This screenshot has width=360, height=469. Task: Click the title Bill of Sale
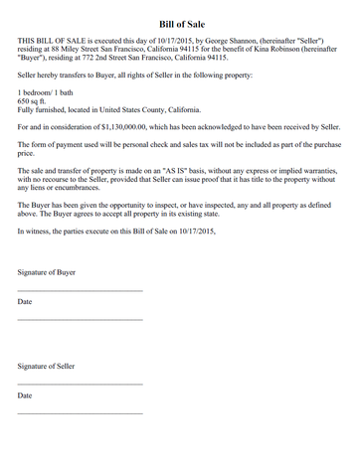point(180,23)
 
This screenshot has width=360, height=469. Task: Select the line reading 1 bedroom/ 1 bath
point(46,91)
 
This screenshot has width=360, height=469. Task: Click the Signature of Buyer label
point(47,270)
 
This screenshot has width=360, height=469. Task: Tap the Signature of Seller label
point(47,366)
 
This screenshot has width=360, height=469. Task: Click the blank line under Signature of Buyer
point(80,290)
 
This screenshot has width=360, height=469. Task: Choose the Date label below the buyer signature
point(25,300)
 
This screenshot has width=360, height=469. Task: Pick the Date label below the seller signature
point(25,395)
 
